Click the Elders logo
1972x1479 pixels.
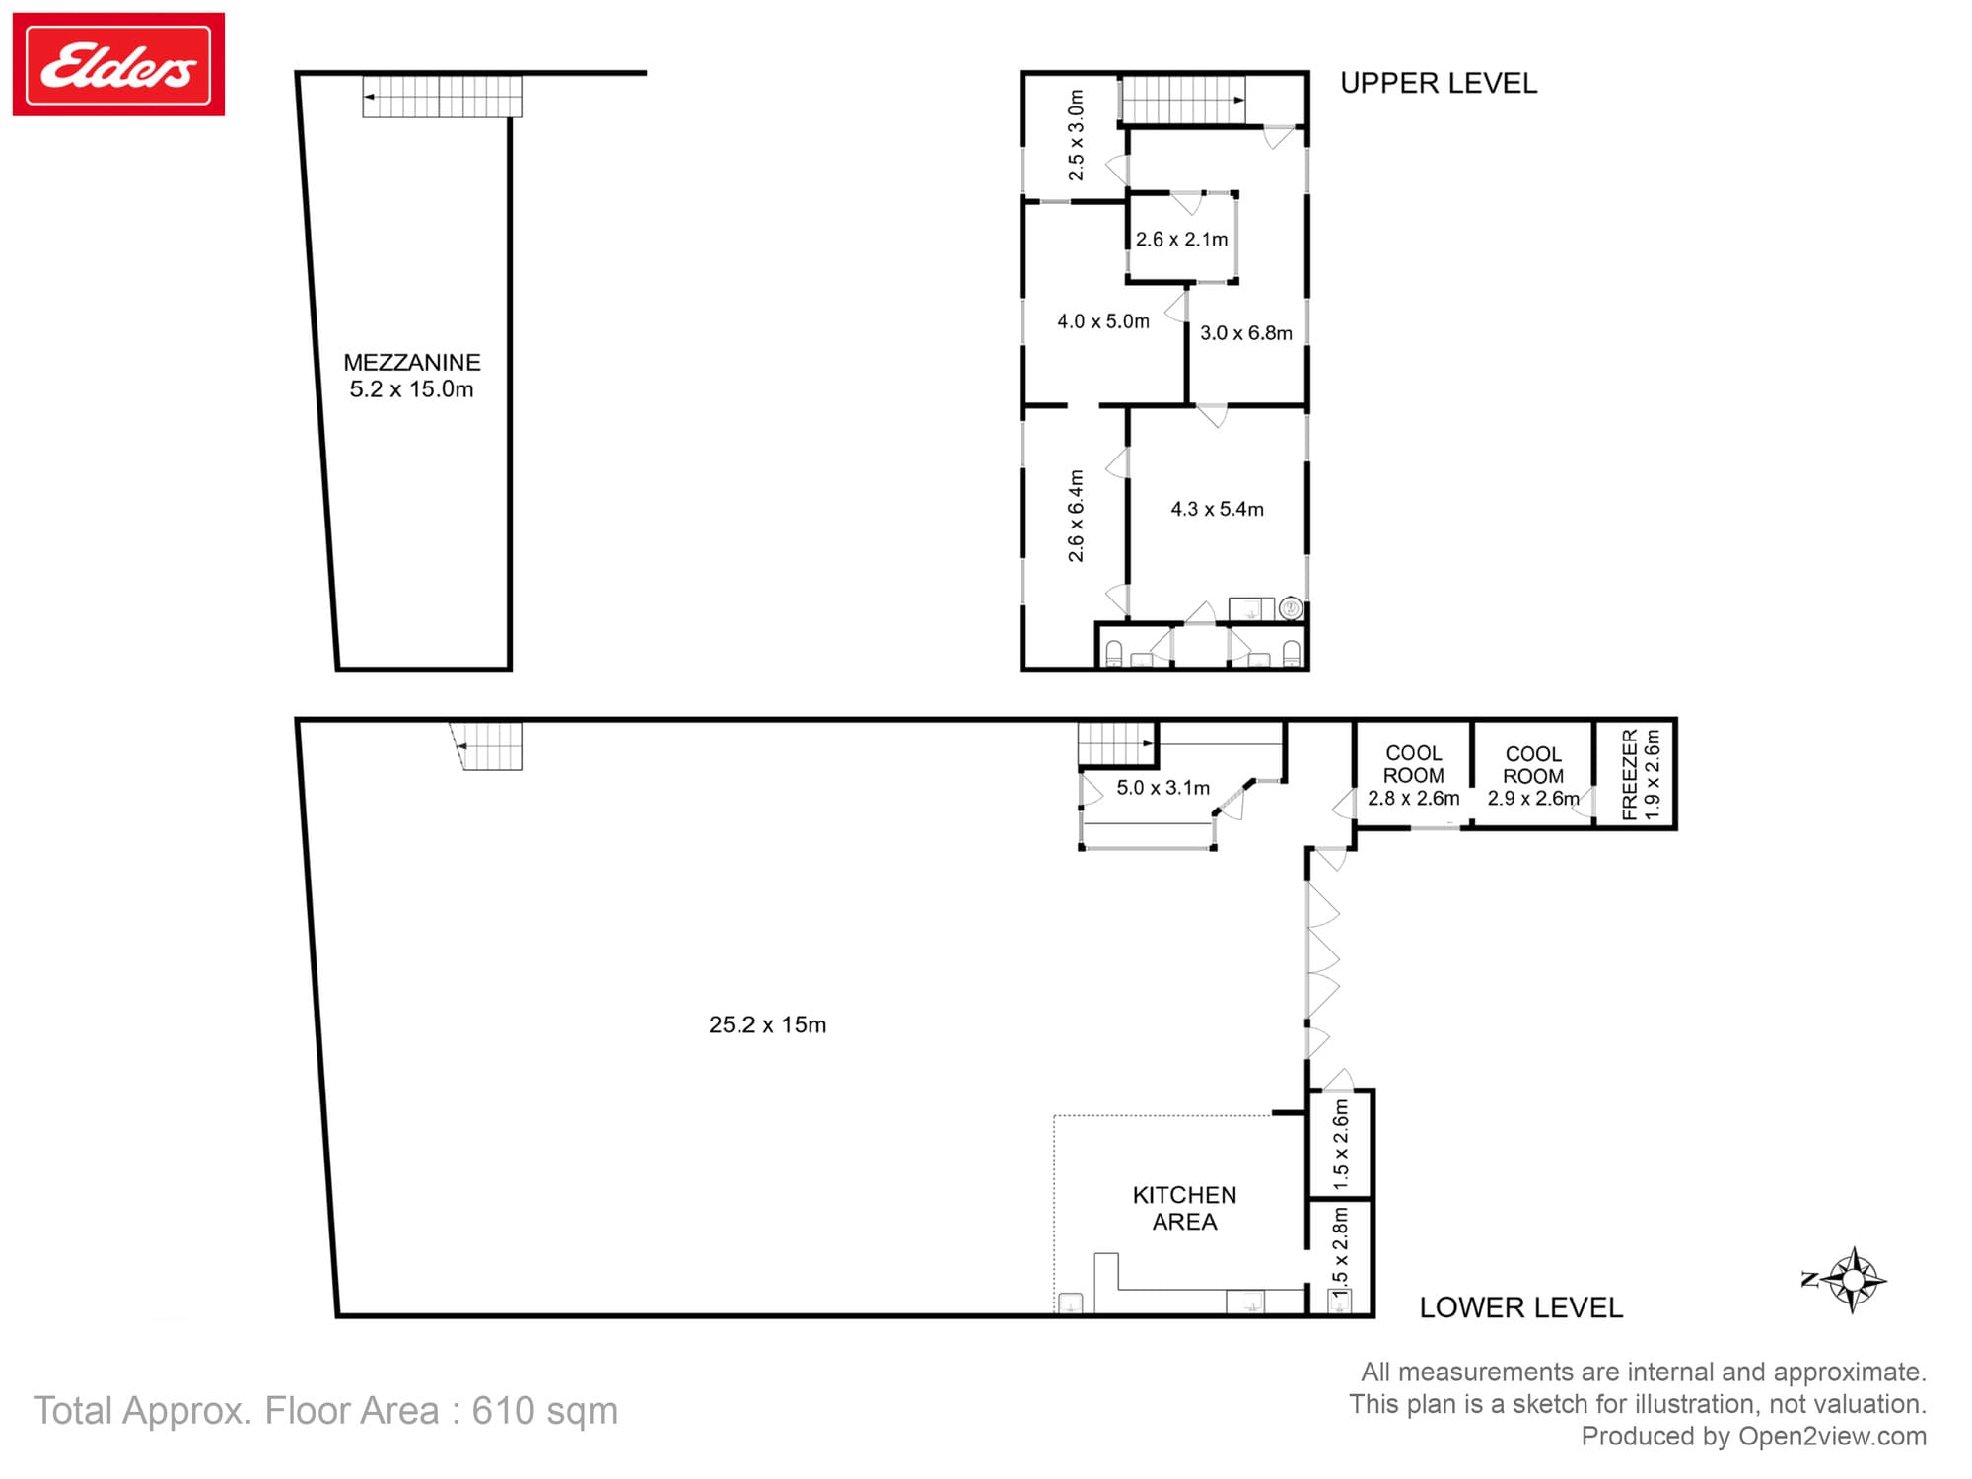click(118, 65)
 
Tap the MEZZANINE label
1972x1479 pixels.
click(411, 363)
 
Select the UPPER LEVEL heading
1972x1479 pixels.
click(1438, 84)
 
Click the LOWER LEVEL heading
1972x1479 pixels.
click(1520, 1307)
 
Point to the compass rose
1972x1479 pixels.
click(1853, 1280)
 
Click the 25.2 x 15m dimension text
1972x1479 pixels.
click(767, 1025)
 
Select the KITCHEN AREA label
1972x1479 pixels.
click(1184, 1208)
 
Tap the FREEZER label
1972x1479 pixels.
click(1629, 775)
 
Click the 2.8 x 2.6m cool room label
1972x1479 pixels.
click(1413, 798)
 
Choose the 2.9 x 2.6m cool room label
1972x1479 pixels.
click(1532, 798)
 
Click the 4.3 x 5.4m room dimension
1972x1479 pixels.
click(1217, 510)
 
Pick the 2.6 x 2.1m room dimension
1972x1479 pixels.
click(1181, 240)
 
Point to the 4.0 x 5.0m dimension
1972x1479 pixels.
click(1102, 321)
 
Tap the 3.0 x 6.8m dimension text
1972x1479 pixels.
click(1245, 333)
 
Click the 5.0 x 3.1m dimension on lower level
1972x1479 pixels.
click(1162, 788)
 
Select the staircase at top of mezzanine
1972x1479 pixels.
click(442, 97)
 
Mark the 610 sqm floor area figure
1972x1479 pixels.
click(544, 1411)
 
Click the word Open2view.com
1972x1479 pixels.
click(1832, 1437)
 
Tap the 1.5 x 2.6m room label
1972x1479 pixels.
click(1340, 1145)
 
